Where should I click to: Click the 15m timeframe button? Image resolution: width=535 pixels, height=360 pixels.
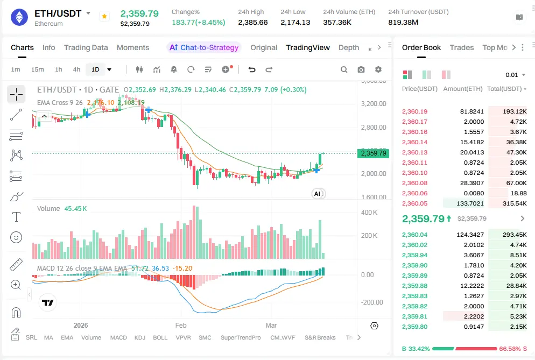37,69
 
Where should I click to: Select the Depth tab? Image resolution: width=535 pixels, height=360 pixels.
348,47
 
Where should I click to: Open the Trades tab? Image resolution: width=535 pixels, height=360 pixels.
461,47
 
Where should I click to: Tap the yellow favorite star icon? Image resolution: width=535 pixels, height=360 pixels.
104,17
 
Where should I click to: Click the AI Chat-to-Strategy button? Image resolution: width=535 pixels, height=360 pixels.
204,47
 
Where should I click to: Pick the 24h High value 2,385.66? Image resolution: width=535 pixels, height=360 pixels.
252,22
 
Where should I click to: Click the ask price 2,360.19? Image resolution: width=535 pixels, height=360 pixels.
414,111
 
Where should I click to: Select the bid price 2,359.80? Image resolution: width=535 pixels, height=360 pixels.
414,327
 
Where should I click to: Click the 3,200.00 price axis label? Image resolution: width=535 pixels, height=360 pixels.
374,104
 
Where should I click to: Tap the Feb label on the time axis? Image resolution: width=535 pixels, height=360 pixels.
181,326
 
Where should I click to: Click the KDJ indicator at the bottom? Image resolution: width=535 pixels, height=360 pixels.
139,337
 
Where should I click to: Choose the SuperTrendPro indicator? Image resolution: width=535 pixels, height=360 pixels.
241,337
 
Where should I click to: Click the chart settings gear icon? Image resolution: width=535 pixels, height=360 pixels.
378,69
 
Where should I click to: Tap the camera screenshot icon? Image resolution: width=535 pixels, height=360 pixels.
361,69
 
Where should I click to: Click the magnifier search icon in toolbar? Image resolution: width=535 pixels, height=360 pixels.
344,69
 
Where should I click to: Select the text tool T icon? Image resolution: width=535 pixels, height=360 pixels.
17,217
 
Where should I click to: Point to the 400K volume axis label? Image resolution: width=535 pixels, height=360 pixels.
369,213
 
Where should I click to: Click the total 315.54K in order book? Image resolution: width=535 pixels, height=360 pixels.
515,203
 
